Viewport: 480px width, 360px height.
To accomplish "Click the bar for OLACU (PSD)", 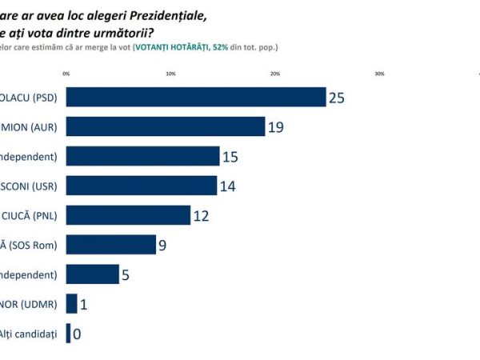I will pos(196,97).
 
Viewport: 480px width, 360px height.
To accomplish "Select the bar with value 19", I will pos(165,126).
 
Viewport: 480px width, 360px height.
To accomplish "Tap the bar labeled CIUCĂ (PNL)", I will pos(128,215).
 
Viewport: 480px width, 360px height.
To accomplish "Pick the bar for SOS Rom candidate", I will pos(110,245).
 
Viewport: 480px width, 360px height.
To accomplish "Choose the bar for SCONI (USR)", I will pos(141,186).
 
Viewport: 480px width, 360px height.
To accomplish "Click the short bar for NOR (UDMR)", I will pos(71,304).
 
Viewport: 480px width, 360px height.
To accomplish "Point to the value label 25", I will pos(337,98).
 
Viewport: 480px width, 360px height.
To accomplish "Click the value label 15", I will pos(230,157).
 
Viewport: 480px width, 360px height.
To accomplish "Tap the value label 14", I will pos(228,186).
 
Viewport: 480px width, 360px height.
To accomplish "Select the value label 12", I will pos(202,216).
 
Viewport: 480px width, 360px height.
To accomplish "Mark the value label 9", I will pos(162,246).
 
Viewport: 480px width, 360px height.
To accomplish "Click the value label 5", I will pos(125,275).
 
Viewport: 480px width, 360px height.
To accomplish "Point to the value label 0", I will pos(77,334).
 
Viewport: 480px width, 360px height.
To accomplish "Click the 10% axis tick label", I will pos(170,74).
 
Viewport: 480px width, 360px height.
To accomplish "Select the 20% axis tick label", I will pos(275,74).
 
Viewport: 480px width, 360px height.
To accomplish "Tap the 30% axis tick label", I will pos(379,74).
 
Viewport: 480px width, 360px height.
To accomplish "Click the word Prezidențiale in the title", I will pos(169,14).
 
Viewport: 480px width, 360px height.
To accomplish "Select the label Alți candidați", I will pos(31,334).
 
